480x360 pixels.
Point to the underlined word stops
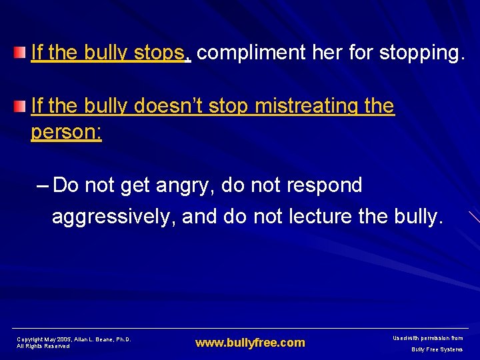161,53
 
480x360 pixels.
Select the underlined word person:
67,132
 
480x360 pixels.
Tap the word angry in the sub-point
183,185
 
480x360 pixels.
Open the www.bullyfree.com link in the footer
249,343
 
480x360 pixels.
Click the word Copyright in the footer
29,339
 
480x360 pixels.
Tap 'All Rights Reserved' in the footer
43,347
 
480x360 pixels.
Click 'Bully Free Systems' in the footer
436,349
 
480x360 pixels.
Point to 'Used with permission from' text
429,339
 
